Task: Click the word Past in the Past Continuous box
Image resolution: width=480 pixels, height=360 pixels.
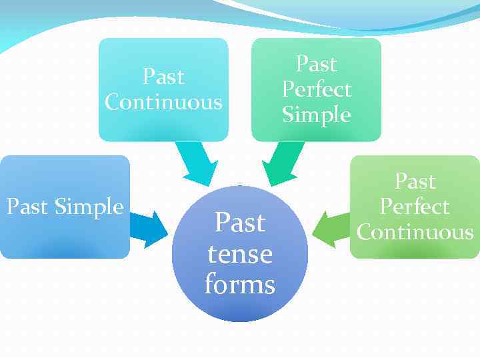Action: pyautogui.click(x=163, y=77)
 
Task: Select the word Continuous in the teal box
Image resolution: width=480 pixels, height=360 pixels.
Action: pyautogui.click(x=163, y=102)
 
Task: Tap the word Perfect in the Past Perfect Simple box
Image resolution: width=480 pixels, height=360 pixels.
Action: pyautogui.click(x=317, y=89)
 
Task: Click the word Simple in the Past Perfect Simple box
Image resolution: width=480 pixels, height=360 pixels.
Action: pyautogui.click(x=317, y=114)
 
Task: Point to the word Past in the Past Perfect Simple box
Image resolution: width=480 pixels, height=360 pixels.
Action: pyautogui.click(x=317, y=64)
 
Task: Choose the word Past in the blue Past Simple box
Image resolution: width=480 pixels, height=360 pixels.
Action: pyautogui.click(x=28, y=207)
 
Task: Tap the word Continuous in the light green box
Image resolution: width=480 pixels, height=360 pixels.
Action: pyautogui.click(x=415, y=232)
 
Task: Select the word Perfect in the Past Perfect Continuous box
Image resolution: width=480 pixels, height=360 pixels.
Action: pyautogui.click(x=415, y=207)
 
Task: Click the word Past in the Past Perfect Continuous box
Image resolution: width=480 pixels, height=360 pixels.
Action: pyautogui.click(x=415, y=181)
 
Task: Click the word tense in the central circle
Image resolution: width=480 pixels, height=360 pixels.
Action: pyautogui.click(x=240, y=254)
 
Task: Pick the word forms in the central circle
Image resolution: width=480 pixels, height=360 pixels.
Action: pyautogui.click(x=240, y=285)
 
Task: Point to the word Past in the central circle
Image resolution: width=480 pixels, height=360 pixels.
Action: pyautogui.click(x=240, y=223)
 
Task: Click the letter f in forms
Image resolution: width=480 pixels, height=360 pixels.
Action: pyautogui.click(x=210, y=284)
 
